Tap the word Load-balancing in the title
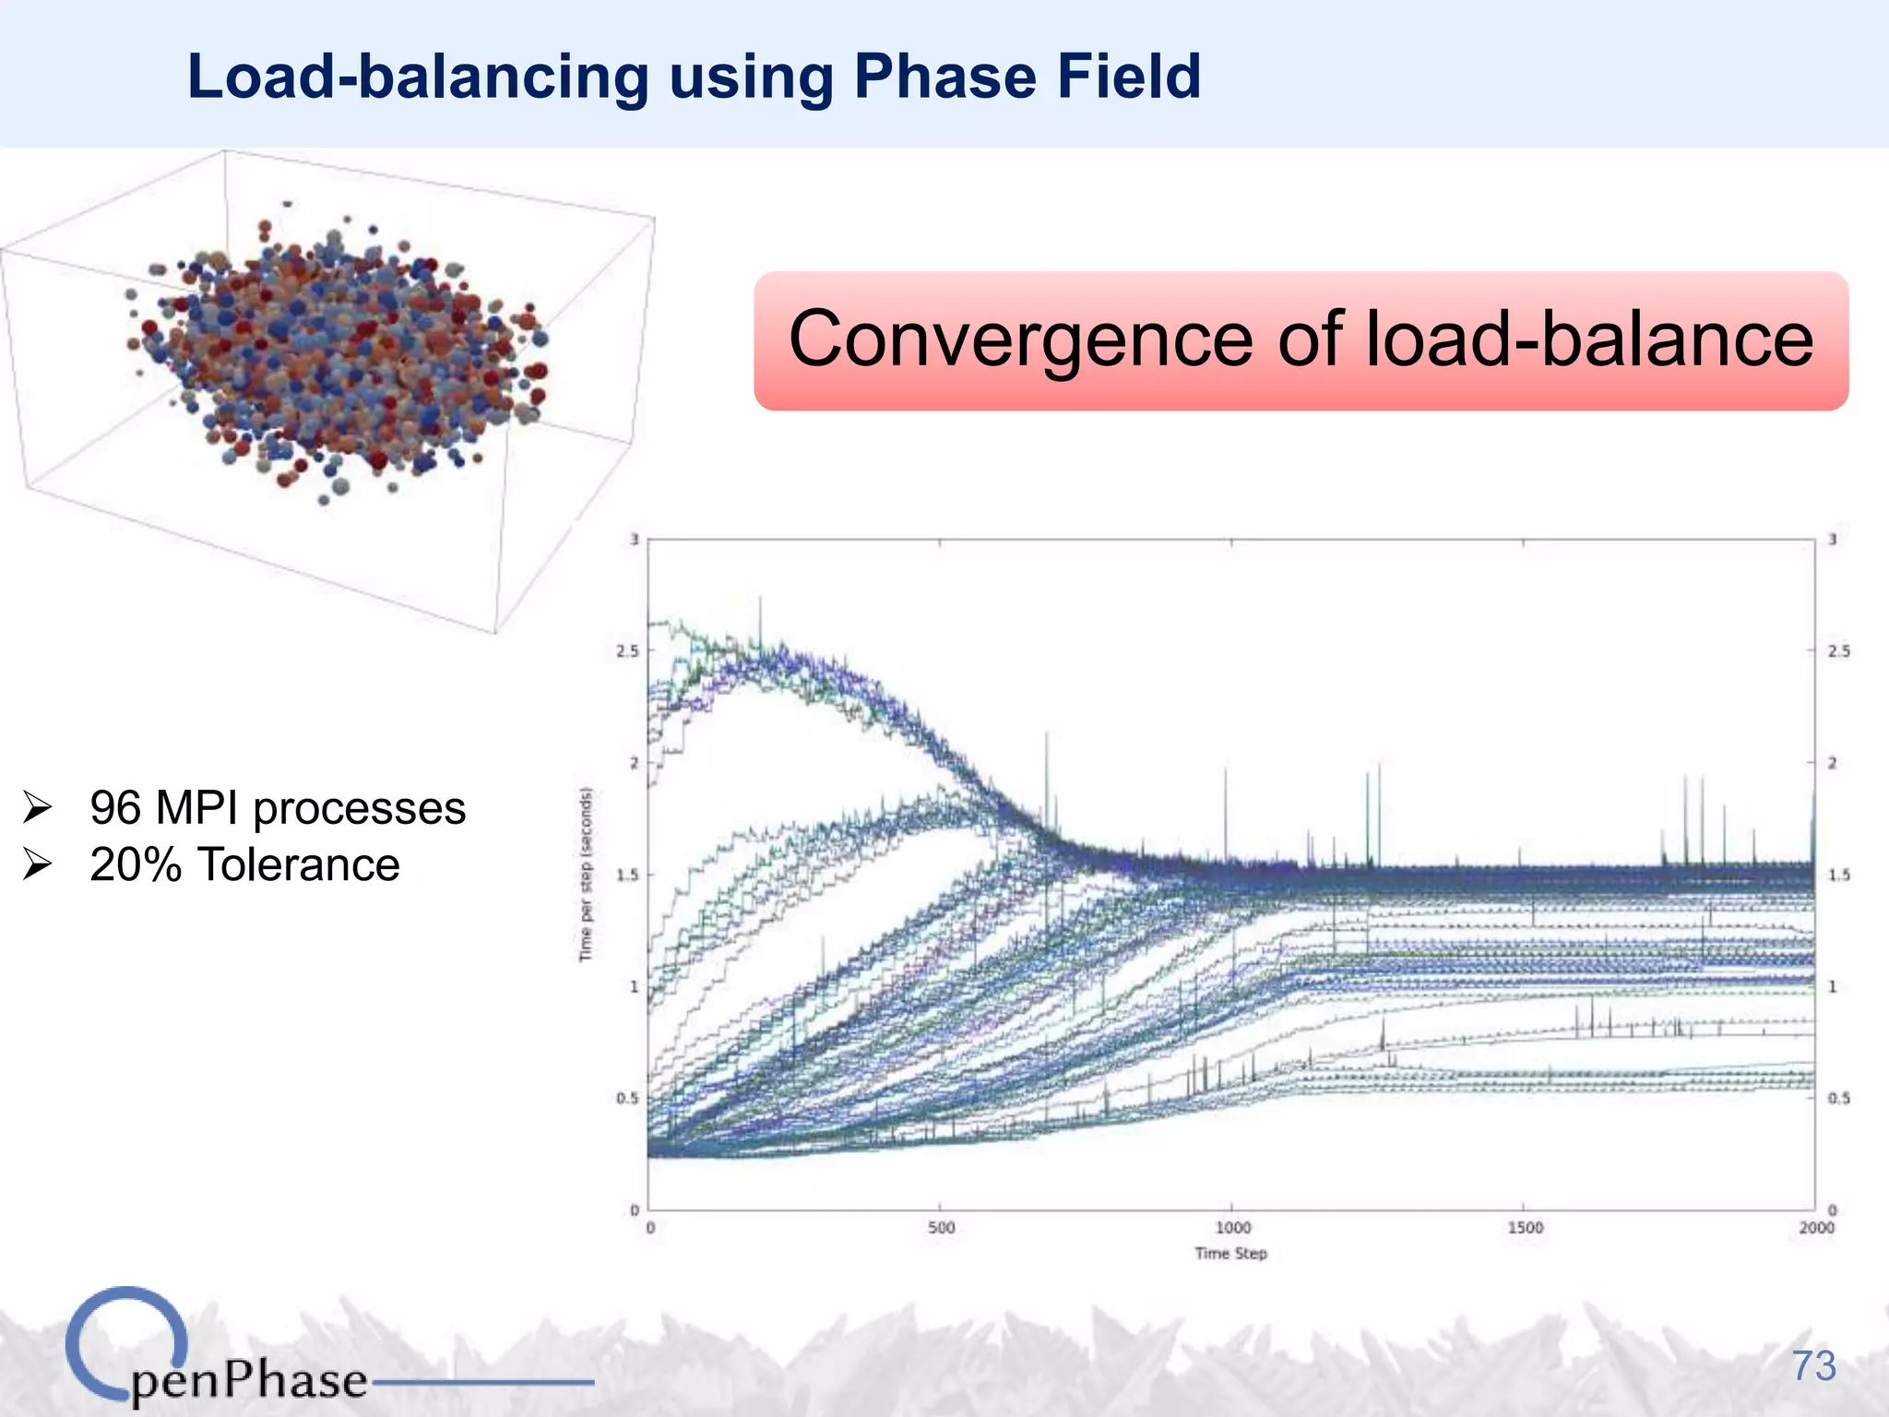tap(418, 78)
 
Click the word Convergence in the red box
tap(1020, 339)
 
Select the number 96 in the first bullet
tap(115, 808)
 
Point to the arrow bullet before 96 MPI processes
tap(38, 808)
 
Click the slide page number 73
tap(1813, 1366)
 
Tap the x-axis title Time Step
tap(1230, 1254)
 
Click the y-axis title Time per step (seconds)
tap(586, 874)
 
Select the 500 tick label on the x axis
tap(941, 1228)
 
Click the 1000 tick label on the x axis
tap(1232, 1228)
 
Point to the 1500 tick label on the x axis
tap(1525, 1228)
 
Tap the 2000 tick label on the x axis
tap(1816, 1228)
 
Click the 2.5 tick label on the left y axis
tap(627, 651)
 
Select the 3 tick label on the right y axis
tap(1833, 540)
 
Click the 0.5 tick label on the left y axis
tap(627, 1099)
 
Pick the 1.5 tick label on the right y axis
tap(1839, 875)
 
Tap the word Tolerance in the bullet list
tap(299, 865)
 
